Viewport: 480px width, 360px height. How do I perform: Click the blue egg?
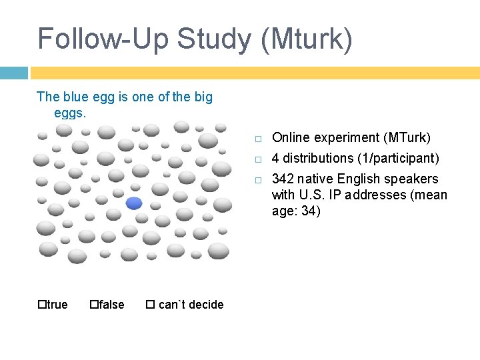point(134,203)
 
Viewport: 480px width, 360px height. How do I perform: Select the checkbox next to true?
point(41,305)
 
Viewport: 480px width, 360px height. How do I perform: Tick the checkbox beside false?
point(93,305)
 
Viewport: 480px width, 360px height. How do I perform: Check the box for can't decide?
point(150,305)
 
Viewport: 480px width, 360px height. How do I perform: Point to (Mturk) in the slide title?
point(307,39)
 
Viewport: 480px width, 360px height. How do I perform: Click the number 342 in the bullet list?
point(283,179)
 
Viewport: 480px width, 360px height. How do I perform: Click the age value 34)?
point(310,211)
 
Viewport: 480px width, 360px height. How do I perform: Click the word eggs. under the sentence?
point(70,113)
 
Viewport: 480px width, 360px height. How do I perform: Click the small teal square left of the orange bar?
point(13,73)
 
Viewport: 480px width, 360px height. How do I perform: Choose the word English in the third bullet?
point(359,179)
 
